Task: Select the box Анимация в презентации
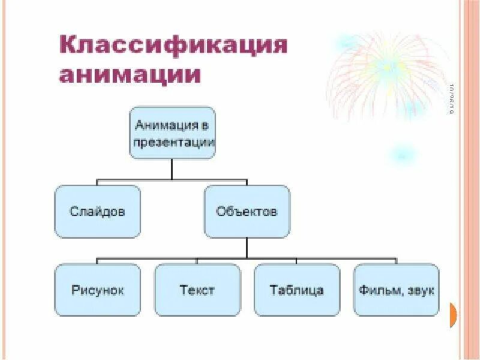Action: [x=172, y=133]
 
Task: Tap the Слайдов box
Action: [x=97, y=211]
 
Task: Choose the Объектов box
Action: [x=247, y=211]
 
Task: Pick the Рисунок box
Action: [x=97, y=290]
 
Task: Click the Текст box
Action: [x=197, y=290]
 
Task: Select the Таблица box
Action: [x=296, y=290]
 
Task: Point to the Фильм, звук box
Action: [x=396, y=290]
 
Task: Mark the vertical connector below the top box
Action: [x=172, y=169]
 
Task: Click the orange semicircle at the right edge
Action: [x=453, y=314]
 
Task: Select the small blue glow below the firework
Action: [x=398, y=155]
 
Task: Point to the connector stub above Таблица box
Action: [x=296, y=261]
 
